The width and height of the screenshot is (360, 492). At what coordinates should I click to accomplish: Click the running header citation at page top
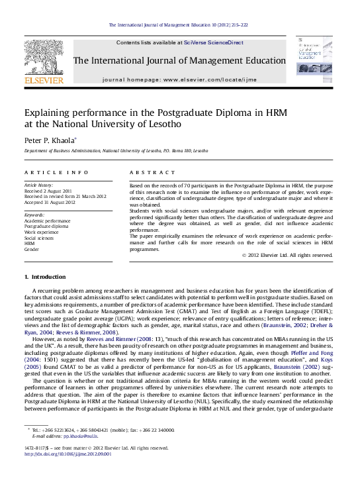(x=180, y=25)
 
